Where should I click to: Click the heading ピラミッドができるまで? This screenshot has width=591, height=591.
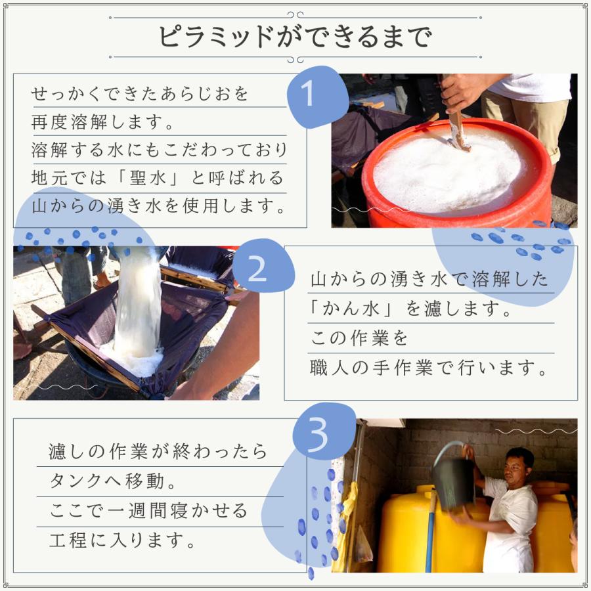(x=295, y=37)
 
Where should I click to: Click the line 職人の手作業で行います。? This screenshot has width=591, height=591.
(x=429, y=368)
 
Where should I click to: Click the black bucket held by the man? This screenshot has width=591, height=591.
(x=452, y=483)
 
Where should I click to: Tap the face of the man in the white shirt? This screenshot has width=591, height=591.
(x=517, y=468)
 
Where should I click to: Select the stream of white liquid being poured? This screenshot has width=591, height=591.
(x=138, y=302)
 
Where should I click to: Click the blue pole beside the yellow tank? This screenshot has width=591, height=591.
(x=431, y=532)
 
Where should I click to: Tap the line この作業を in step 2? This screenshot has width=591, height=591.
(x=359, y=339)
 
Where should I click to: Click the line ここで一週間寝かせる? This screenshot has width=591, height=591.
(x=148, y=510)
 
